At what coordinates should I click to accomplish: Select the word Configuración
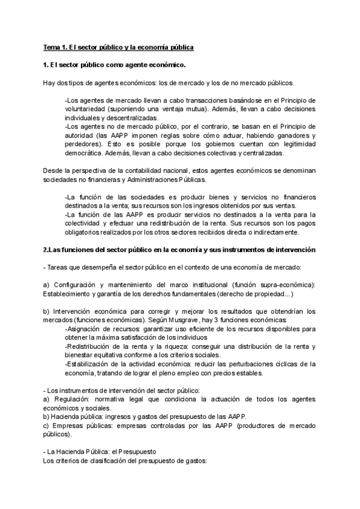pos(76,285)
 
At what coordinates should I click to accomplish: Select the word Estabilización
pos(91,364)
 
